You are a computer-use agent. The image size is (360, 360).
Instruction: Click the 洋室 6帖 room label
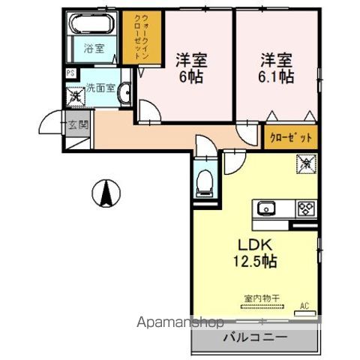pos(190,67)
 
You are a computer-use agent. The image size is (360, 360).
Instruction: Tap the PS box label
pos(70,73)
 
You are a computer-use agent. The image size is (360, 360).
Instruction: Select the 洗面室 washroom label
pos(100,87)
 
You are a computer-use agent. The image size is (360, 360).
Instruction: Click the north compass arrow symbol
pos(106,194)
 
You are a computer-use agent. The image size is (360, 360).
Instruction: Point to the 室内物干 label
pos(260,298)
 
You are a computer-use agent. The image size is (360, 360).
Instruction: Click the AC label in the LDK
pos(304,306)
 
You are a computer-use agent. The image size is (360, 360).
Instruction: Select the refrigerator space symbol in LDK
pos(306,162)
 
